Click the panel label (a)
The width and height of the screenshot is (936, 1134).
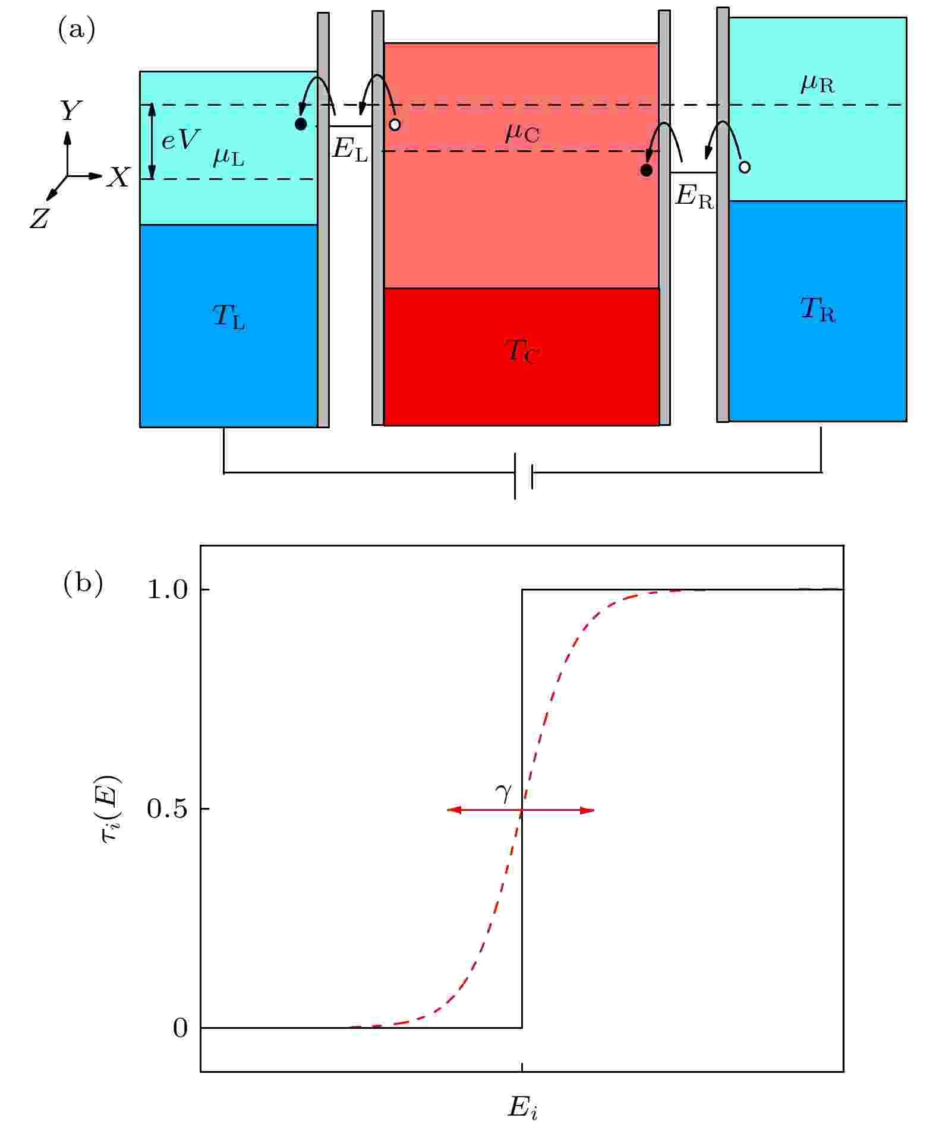coord(76,30)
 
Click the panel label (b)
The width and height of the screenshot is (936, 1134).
coord(83,583)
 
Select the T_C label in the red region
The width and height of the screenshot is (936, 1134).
coord(522,350)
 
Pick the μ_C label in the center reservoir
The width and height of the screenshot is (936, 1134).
coord(522,133)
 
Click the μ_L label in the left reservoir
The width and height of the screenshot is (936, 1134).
coord(229,157)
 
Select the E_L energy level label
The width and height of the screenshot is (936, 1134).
coord(351,149)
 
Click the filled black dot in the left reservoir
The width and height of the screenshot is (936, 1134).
coord(301,124)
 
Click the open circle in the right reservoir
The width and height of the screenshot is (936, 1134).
coord(744,167)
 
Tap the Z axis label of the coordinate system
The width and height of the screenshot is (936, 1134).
coord(39,219)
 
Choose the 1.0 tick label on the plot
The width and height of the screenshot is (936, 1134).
coord(166,590)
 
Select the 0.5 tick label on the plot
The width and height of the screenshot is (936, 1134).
coord(167,809)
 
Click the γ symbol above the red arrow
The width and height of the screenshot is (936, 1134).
coord(503,792)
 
